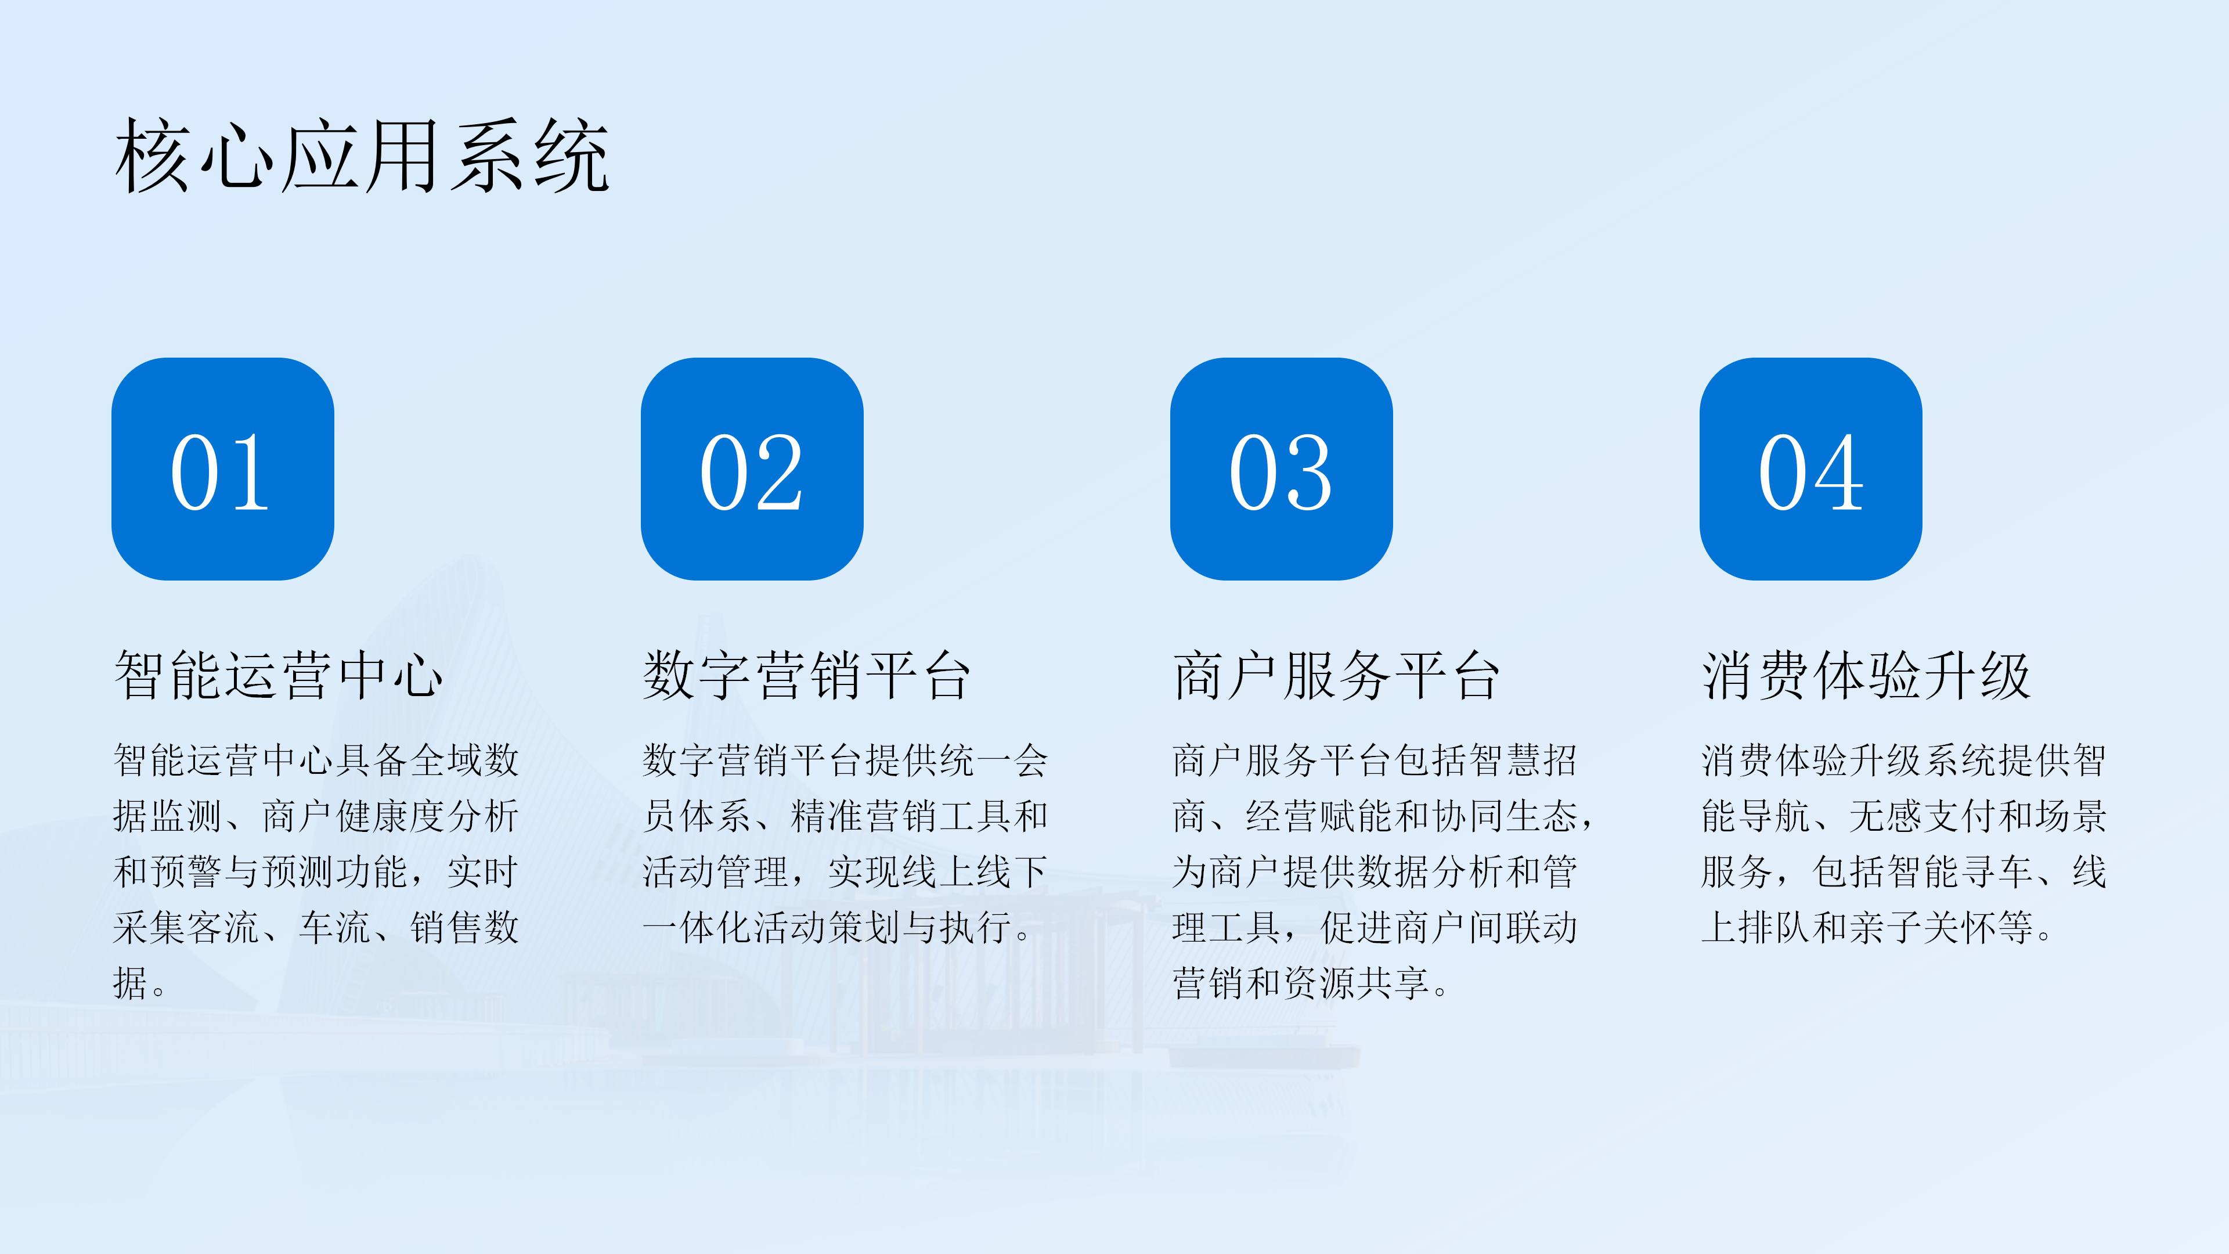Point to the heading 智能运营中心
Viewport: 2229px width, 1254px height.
pos(279,675)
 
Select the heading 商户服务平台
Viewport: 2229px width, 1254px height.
pos(1337,675)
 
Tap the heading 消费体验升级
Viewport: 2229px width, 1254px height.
pos(1866,675)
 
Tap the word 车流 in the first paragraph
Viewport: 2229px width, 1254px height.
pos(335,928)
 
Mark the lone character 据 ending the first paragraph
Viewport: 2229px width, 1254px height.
pos(131,983)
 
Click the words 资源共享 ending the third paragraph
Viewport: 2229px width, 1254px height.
pos(1356,983)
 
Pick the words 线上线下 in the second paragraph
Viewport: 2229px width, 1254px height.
pos(975,871)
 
